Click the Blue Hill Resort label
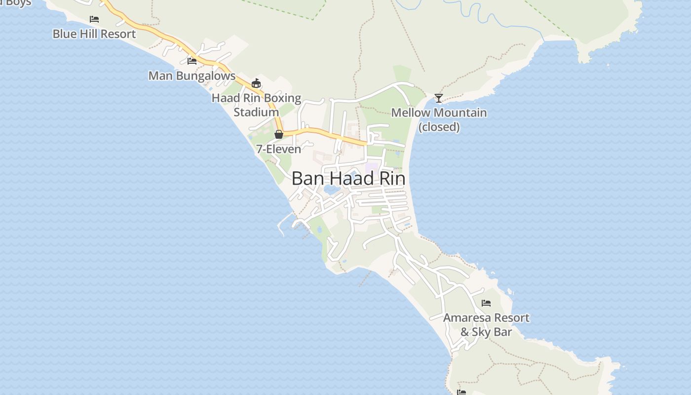(x=94, y=34)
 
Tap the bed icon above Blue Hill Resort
(x=94, y=19)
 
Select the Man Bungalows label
(x=192, y=76)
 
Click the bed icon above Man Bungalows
(x=192, y=61)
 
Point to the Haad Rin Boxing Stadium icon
(x=256, y=83)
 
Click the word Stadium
(x=256, y=113)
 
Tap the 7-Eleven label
(x=278, y=149)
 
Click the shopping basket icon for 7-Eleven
(x=279, y=134)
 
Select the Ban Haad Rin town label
(x=348, y=179)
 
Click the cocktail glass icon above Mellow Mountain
(x=438, y=98)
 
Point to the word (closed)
(x=439, y=127)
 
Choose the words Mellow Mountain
(x=439, y=113)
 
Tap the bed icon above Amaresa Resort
(x=486, y=303)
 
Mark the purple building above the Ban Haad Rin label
(x=371, y=167)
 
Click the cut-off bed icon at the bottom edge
(x=461, y=392)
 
